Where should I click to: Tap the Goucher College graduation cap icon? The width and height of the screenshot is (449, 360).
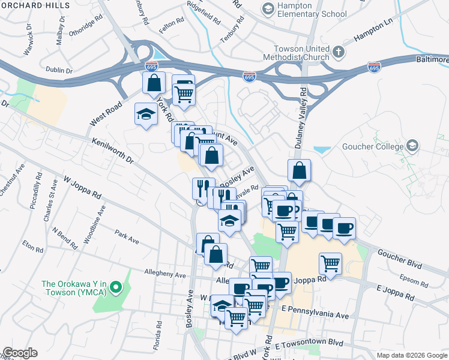click(x=412, y=146)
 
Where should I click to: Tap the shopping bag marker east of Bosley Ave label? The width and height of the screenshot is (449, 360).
click(x=299, y=170)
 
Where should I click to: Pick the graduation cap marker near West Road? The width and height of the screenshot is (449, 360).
click(x=145, y=115)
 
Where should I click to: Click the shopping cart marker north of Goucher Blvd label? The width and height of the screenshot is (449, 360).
click(x=330, y=263)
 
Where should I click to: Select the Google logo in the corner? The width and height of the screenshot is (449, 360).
click(x=19, y=353)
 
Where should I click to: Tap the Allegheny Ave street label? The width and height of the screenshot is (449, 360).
click(x=165, y=273)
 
